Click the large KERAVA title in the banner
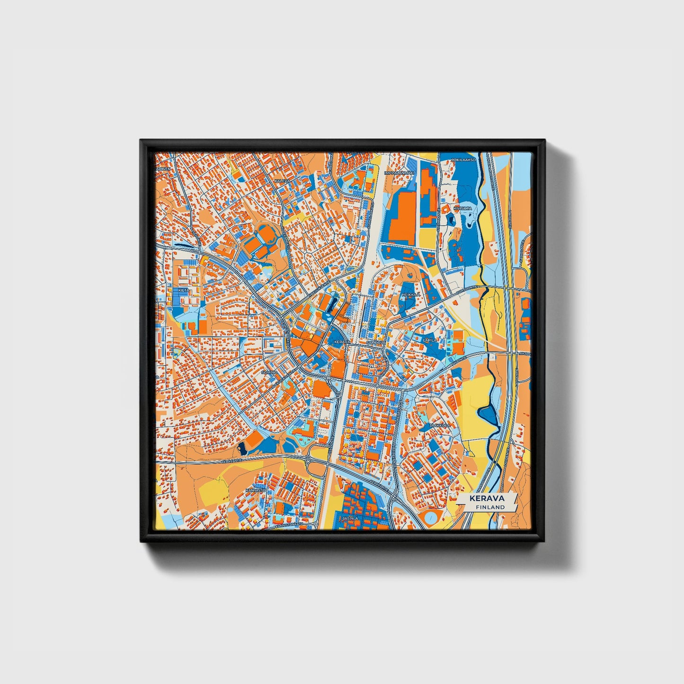pos(487,498)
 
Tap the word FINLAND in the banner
pos(490,507)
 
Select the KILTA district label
pos(183,290)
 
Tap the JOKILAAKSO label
pos(463,160)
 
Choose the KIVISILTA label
pos(462,208)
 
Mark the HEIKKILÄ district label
pos(410,294)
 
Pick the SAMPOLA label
pos(374,341)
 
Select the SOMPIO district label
pos(269,373)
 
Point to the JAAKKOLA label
pos(440,426)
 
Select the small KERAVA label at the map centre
pos(342,341)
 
